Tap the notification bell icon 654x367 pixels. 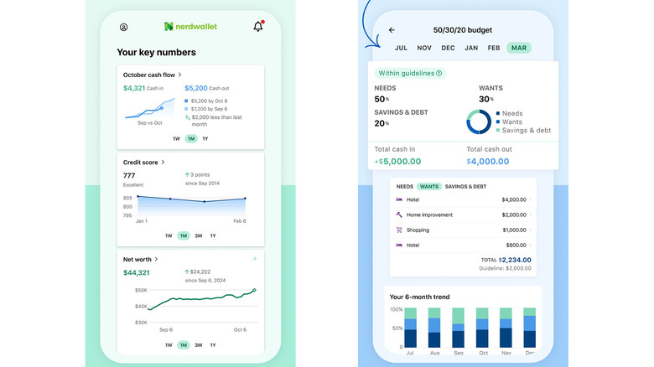coord(258,27)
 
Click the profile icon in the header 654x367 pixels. coord(124,28)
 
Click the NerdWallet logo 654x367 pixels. coord(190,27)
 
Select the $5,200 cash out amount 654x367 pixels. coord(195,87)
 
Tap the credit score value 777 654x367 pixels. coord(129,176)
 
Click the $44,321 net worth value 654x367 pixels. coord(136,272)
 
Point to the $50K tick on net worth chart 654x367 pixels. coord(141,291)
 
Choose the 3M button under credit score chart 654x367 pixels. coord(199,235)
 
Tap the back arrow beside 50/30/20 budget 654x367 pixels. coord(392,30)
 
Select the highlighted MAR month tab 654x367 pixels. coord(519,48)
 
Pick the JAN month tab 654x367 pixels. coord(471,48)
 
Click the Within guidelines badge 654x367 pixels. coord(410,73)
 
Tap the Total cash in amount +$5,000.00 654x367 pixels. coord(399,161)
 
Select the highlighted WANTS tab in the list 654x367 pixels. coord(429,186)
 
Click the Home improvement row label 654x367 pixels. coord(429,215)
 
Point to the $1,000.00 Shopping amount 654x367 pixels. coord(514,230)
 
